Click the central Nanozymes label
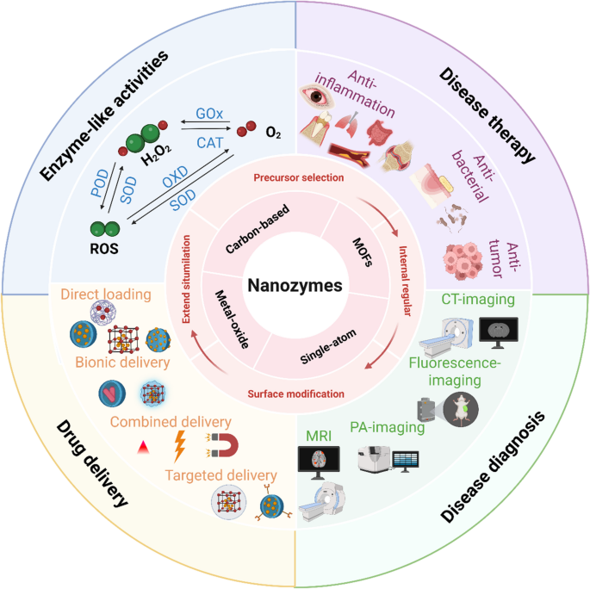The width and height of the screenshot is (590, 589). (295, 286)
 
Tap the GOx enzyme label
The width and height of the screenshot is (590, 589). (209, 113)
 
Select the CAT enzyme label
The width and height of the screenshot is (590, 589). (210, 143)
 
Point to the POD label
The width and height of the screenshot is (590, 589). (100, 183)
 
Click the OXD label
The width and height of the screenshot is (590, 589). (175, 177)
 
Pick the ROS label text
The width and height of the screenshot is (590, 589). (104, 249)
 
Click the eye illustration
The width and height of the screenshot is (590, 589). (317, 96)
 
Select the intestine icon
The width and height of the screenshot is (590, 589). (380, 133)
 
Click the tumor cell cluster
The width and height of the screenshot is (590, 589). (463, 261)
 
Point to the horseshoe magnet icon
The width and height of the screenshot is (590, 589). (222, 445)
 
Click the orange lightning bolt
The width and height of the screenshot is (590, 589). (180, 446)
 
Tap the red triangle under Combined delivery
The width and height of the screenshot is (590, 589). (143, 448)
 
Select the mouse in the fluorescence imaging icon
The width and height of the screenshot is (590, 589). (461, 410)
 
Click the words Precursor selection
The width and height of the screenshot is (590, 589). (299, 177)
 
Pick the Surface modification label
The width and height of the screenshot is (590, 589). (295, 394)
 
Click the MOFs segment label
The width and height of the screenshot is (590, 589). (363, 252)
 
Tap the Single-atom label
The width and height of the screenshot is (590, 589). (328, 347)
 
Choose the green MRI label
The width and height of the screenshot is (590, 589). (319, 436)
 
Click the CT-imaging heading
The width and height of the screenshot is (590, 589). (478, 300)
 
